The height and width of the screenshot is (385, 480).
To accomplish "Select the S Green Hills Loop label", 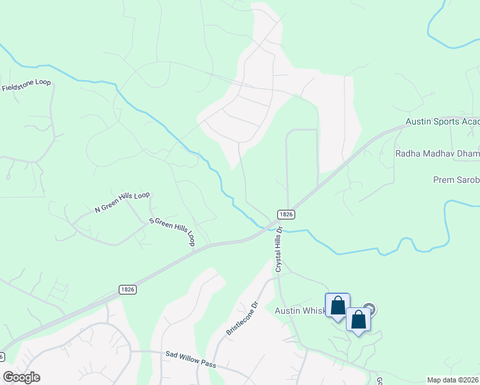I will click(x=172, y=231).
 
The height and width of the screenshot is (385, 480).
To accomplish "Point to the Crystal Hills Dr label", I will click(x=279, y=249).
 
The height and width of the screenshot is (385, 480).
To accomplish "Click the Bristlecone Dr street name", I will click(x=241, y=318).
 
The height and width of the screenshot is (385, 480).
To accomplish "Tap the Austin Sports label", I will click(x=442, y=122).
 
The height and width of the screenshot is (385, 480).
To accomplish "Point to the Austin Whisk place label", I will click(x=300, y=311).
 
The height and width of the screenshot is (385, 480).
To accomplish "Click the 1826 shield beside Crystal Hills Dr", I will click(x=286, y=214).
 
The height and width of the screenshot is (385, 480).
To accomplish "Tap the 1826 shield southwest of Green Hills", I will click(x=127, y=289).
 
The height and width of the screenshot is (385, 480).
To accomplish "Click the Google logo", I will click(x=21, y=377).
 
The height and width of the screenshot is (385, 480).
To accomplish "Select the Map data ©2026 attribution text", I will click(x=452, y=380).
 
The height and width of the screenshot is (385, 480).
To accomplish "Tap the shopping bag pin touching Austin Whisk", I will click(x=338, y=306).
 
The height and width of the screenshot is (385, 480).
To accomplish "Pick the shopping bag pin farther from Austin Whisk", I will click(x=358, y=320).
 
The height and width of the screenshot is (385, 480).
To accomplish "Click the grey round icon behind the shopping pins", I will click(x=370, y=310).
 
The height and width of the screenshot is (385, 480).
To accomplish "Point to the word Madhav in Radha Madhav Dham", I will click(x=437, y=154).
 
